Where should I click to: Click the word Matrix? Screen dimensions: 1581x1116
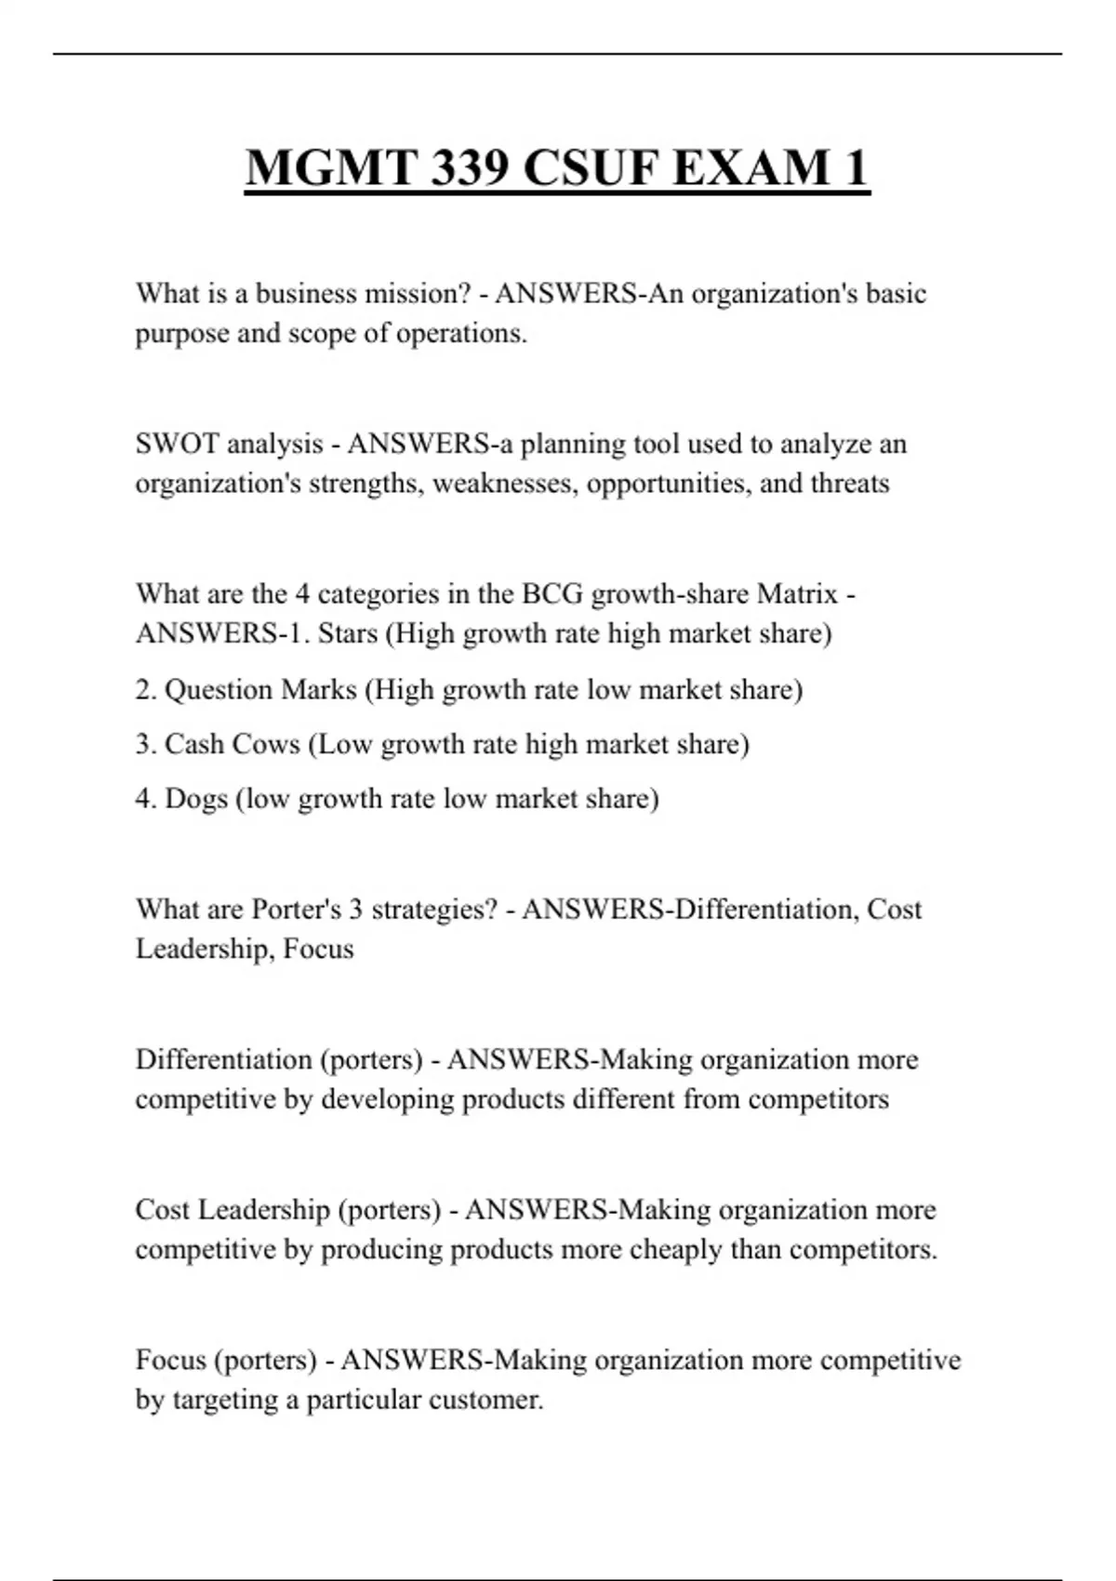tap(798, 593)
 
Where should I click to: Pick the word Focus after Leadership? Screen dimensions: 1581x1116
tap(318, 949)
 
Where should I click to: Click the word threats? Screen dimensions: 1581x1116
tap(850, 484)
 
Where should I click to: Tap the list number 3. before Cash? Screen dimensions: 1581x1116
tap(146, 744)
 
